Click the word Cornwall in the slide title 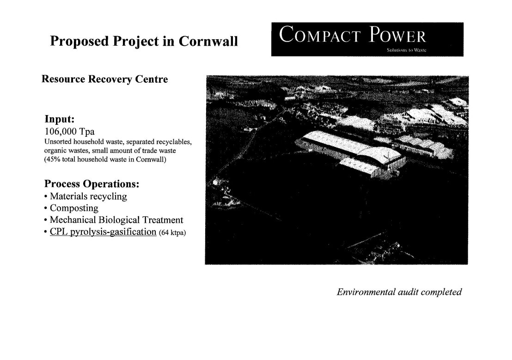pos(208,41)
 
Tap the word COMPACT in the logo pos(320,35)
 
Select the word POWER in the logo pos(398,35)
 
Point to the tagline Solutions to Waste pos(406,50)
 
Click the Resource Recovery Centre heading pos(104,79)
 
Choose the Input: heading pos(60,119)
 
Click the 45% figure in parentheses pos(53,159)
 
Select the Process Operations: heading pos(92,184)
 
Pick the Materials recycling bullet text pos(88,196)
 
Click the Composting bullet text pos(74,208)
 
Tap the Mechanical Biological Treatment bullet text pos(116,220)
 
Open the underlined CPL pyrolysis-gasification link pos(103,232)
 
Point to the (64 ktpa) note pos(172,232)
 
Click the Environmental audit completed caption pos(399,292)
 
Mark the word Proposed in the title pos(79,42)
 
